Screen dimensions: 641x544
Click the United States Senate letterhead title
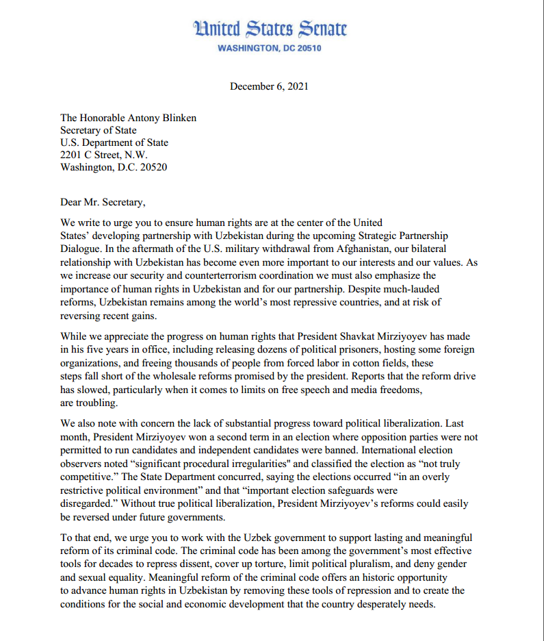(x=271, y=29)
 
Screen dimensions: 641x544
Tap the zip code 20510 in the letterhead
(x=308, y=49)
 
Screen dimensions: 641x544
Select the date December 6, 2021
(x=269, y=86)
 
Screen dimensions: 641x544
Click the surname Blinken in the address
(x=177, y=118)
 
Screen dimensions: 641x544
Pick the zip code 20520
(x=153, y=167)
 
